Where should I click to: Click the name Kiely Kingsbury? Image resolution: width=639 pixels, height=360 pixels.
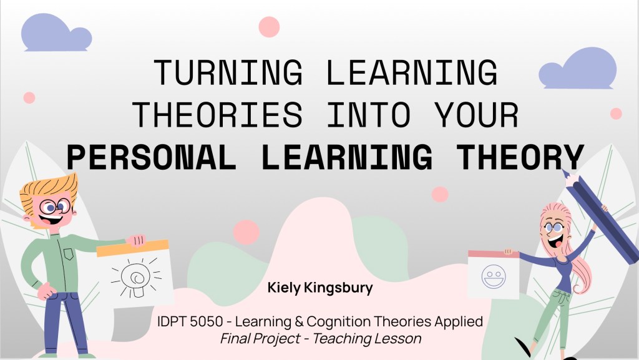(319, 288)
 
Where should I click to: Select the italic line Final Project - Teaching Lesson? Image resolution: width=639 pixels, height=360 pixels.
(320, 339)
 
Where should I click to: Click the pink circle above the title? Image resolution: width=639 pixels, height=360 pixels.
(269, 27)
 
